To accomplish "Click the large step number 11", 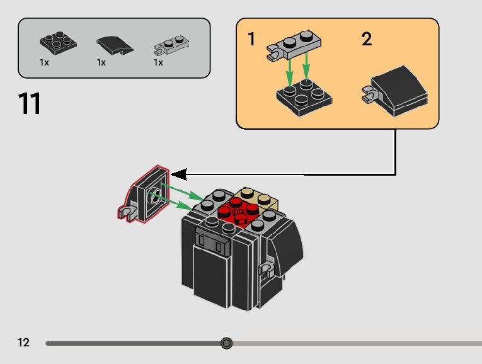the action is point(30,103).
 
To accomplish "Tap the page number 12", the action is point(23,342).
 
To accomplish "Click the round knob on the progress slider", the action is point(227,343).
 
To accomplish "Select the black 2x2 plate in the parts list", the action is point(58,43).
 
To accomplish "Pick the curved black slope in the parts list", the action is point(115,45).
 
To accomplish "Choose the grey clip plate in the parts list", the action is point(171,45).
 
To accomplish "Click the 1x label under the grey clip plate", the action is point(158,63).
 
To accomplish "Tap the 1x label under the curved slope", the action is point(101,63).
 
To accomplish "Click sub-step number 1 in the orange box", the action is point(251,39).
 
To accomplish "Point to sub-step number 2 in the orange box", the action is point(367,39).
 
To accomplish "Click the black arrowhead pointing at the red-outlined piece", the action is point(179,174).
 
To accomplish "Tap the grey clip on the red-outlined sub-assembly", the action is point(127,212).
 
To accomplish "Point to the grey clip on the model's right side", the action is point(267,270).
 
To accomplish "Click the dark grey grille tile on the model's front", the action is point(213,241).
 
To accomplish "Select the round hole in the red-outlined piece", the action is point(155,196).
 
